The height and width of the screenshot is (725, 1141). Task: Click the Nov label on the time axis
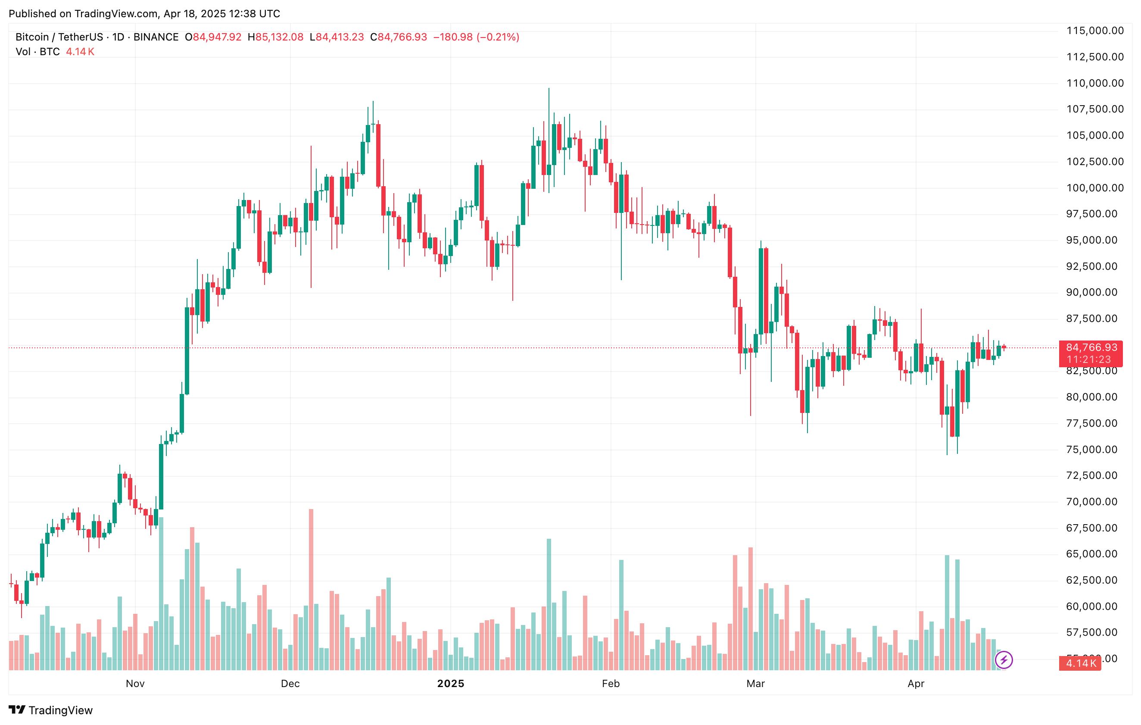pyautogui.click(x=135, y=683)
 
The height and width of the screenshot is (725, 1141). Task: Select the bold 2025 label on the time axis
pyautogui.click(x=451, y=683)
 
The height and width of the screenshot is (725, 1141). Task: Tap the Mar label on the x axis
pyautogui.click(x=755, y=683)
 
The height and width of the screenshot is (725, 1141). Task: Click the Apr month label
pyautogui.click(x=916, y=683)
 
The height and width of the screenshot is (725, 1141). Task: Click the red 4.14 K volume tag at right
pyautogui.click(x=1081, y=663)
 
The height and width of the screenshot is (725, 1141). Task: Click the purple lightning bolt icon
pyautogui.click(x=1004, y=659)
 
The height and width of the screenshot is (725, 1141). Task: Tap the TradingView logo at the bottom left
pyautogui.click(x=51, y=710)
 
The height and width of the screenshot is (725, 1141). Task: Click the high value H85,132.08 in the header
pyautogui.click(x=276, y=37)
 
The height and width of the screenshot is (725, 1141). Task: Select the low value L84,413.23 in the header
pyautogui.click(x=337, y=37)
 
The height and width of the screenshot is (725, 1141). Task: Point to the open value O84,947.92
pyautogui.click(x=213, y=37)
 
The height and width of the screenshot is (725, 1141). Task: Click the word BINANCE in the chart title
pyautogui.click(x=156, y=37)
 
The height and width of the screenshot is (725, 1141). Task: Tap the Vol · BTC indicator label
pyautogui.click(x=37, y=52)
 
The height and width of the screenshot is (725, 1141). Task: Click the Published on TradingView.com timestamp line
pyautogui.click(x=144, y=14)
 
